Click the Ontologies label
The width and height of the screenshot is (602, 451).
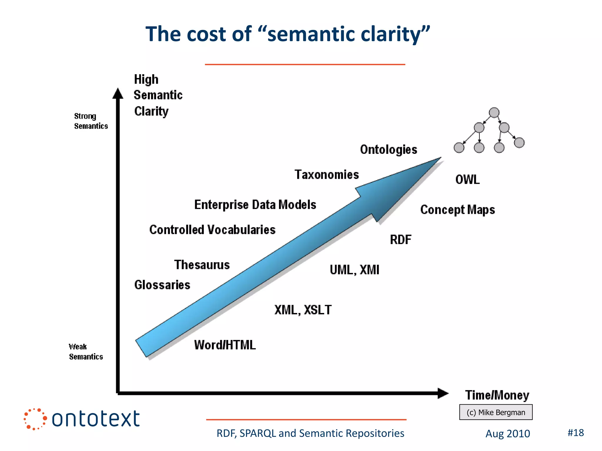388,149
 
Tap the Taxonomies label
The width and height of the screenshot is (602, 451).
327,175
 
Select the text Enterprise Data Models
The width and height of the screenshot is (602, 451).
255,205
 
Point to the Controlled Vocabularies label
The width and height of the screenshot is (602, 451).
212,230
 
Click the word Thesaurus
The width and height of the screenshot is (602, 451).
202,265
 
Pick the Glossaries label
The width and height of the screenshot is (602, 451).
162,285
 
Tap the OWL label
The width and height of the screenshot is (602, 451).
467,179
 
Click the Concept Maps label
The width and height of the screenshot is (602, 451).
457,210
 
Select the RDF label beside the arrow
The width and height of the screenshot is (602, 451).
400,240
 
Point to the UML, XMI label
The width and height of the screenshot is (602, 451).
354,270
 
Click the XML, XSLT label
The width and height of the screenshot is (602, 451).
303,310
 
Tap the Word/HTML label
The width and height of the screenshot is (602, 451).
225,345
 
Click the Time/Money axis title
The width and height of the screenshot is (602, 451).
497,395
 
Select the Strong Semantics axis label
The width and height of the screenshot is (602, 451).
91,121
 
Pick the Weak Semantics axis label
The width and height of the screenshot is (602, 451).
86,352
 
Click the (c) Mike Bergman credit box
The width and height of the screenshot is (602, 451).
496,412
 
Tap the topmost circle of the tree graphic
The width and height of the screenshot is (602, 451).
494,112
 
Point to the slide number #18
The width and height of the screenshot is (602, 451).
575,433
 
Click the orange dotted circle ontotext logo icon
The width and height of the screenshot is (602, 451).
35,419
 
